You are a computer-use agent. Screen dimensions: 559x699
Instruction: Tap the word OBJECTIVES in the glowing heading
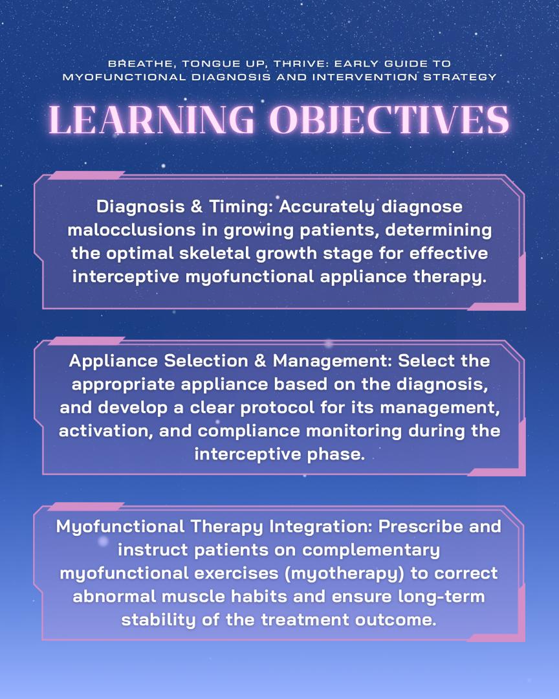tap(389, 120)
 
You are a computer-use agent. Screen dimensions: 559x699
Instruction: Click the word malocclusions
tap(131, 230)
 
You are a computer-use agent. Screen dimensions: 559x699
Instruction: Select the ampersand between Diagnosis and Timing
tap(197, 207)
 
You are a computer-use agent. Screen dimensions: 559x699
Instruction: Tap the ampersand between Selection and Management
tap(261, 361)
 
